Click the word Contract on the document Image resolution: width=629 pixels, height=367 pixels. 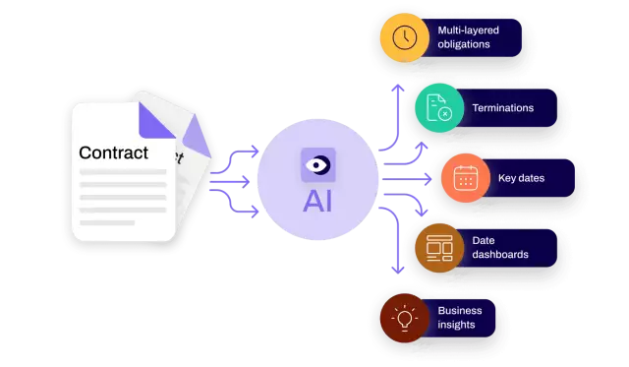tap(113, 153)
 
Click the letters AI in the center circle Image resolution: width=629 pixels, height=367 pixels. tap(318, 201)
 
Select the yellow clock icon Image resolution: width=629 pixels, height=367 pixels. tap(405, 38)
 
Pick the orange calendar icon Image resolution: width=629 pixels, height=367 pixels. tap(465, 178)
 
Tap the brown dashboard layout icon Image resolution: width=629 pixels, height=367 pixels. tap(438, 247)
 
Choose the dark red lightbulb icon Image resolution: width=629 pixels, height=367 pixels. tap(404, 318)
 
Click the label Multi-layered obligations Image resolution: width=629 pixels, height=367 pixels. tap(468, 38)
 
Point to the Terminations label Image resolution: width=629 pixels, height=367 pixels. tap(503, 108)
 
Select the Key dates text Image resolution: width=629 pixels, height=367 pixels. tap(521, 178)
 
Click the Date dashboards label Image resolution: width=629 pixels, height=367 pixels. tap(500, 247)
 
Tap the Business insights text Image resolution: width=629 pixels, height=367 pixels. tap(460, 318)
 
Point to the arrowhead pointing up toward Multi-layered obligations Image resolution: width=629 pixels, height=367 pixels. tap(397, 88)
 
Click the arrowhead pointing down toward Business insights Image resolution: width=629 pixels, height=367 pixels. tap(397, 268)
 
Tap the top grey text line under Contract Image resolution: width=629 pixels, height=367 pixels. tap(123, 172)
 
